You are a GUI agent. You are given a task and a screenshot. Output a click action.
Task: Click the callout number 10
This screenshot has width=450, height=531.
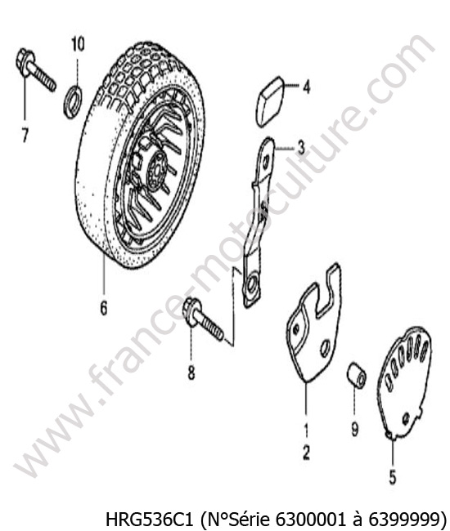78,44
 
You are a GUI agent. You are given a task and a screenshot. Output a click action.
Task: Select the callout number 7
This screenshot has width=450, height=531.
25,135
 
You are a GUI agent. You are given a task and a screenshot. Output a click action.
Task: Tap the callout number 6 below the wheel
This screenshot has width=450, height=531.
103,307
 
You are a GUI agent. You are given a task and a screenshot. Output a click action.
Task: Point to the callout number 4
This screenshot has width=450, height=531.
307,87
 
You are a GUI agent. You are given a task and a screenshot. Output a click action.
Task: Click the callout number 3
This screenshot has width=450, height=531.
301,148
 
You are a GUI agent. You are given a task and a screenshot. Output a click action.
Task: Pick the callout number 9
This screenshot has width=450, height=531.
354,430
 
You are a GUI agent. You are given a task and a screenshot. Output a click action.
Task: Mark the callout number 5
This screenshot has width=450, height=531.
393,477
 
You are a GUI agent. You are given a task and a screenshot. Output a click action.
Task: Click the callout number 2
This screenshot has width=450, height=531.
306,452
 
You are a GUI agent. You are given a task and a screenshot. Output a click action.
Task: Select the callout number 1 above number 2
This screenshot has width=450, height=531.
306,431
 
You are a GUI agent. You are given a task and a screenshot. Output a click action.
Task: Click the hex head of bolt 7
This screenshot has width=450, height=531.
25,63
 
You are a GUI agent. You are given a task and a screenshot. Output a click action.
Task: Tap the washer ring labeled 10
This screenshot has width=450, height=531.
73,101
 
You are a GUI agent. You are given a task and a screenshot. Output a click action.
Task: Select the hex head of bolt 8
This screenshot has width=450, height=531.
191,312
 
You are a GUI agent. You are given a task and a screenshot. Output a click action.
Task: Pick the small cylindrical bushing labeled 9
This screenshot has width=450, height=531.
357,375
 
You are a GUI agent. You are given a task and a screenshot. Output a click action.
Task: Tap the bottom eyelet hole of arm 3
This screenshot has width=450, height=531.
252,285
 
